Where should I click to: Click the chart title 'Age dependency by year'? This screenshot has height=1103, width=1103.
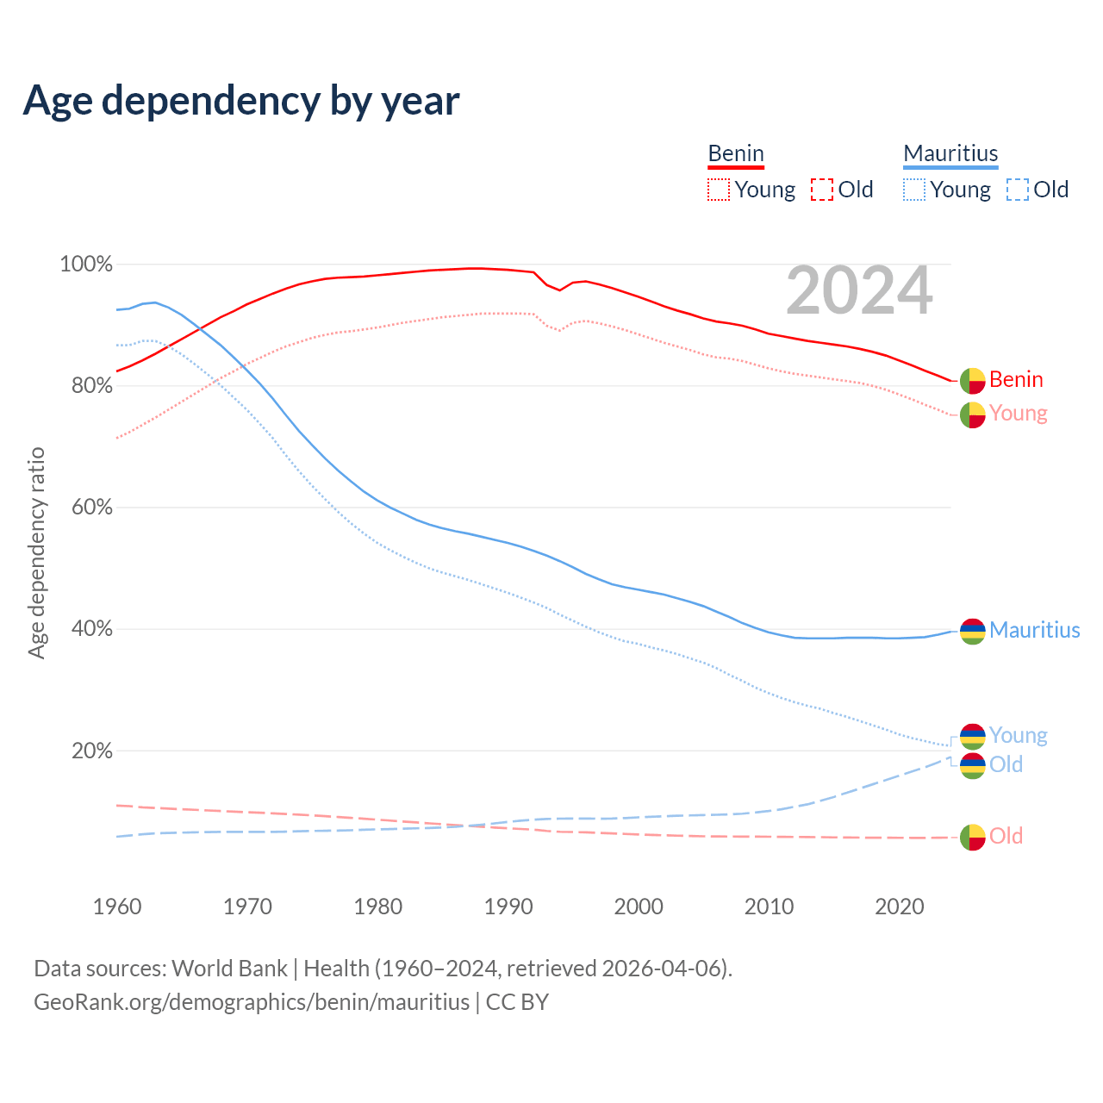(241, 101)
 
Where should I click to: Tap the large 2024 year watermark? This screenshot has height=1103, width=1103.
(859, 290)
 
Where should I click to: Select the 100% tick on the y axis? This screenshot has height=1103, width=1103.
(86, 265)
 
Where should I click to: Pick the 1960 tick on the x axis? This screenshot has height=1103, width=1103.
(117, 907)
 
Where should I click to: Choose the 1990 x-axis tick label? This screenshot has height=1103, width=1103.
(508, 907)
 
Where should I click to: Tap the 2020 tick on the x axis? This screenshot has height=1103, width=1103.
(900, 907)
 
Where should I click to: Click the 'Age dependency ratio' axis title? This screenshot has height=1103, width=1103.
(36, 552)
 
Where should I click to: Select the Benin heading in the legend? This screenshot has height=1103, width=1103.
(736, 153)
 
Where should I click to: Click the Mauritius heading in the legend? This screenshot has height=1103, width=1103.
(950, 153)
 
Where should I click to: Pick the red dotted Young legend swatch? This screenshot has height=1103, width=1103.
(718, 190)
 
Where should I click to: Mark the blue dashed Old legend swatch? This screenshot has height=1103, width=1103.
(1018, 190)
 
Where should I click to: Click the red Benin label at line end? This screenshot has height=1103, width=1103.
(1016, 380)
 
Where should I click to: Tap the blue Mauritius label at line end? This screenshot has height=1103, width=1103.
(1034, 631)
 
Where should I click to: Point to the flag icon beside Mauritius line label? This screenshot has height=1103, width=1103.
(973, 632)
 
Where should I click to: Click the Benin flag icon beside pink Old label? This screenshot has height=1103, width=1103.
(973, 837)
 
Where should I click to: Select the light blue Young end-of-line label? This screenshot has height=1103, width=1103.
(1018, 735)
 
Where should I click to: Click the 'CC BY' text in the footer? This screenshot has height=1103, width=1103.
(517, 1002)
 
